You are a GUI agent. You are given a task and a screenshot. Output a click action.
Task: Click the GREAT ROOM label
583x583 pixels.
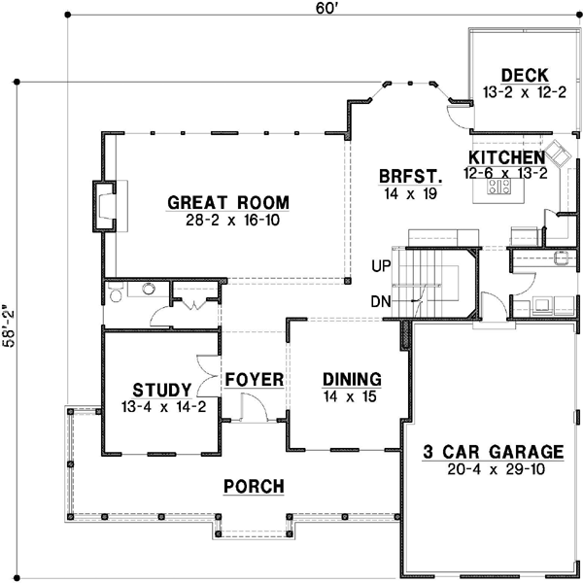click(228, 202)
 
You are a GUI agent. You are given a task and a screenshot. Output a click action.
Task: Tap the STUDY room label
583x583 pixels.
click(163, 391)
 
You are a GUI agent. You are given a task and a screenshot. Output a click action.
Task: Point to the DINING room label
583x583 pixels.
click(352, 379)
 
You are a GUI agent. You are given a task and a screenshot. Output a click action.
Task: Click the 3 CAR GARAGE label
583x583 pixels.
click(494, 452)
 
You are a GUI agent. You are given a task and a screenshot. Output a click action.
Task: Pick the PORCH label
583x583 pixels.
click(254, 486)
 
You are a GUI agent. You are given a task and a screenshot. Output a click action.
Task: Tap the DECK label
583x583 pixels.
click(525, 76)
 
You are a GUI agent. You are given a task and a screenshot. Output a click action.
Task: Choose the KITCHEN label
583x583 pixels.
click(505, 157)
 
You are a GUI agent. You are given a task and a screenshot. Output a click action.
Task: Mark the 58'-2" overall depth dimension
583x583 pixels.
click(11, 330)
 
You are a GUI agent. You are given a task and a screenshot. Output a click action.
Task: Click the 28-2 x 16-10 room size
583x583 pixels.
click(228, 220)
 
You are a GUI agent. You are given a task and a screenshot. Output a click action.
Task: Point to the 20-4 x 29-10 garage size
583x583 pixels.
click(494, 469)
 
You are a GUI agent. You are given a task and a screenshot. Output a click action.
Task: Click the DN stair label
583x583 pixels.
click(381, 301)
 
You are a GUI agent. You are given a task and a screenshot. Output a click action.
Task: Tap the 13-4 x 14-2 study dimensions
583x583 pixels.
click(163, 407)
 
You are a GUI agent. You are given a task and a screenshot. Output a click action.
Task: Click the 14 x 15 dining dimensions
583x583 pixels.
click(352, 396)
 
